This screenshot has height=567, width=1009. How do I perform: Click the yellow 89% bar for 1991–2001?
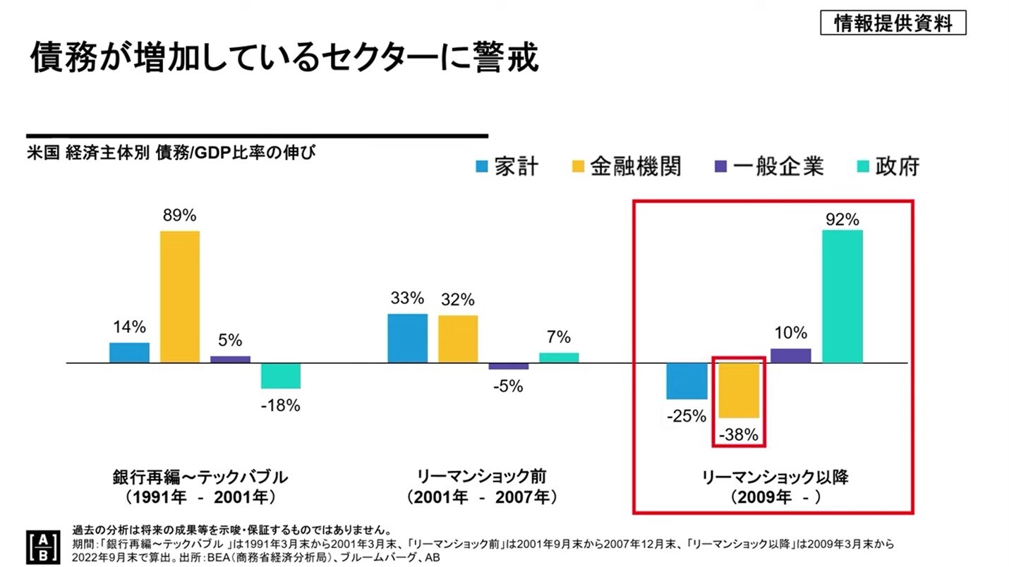click(x=179, y=296)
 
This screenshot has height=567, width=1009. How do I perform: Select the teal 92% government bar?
click(x=842, y=296)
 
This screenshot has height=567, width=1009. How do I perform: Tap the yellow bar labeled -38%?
click(x=739, y=390)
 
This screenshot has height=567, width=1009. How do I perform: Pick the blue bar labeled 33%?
click(x=407, y=338)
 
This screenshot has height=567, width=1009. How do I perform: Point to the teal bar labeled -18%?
click(x=280, y=376)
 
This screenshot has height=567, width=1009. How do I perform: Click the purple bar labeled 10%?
click(x=790, y=355)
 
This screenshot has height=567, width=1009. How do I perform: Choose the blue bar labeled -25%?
click(x=687, y=381)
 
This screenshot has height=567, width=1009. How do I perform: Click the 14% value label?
click(x=128, y=327)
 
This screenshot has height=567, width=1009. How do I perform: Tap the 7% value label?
click(x=559, y=338)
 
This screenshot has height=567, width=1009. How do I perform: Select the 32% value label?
click(x=458, y=300)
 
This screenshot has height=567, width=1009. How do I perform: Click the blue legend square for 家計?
click(x=482, y=167)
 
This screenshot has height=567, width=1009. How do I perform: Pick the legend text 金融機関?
click(x=635, y=166)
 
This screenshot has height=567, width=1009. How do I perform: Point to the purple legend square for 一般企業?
click(x=718, y=167)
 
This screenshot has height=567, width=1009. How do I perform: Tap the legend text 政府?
click(x=898, y=166)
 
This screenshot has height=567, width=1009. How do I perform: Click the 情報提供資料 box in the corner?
click(x=893, y=23)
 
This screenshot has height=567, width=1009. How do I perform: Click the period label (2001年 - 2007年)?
click(x=483, y=497)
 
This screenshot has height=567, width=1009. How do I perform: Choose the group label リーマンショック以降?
click(x=774, y=477)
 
